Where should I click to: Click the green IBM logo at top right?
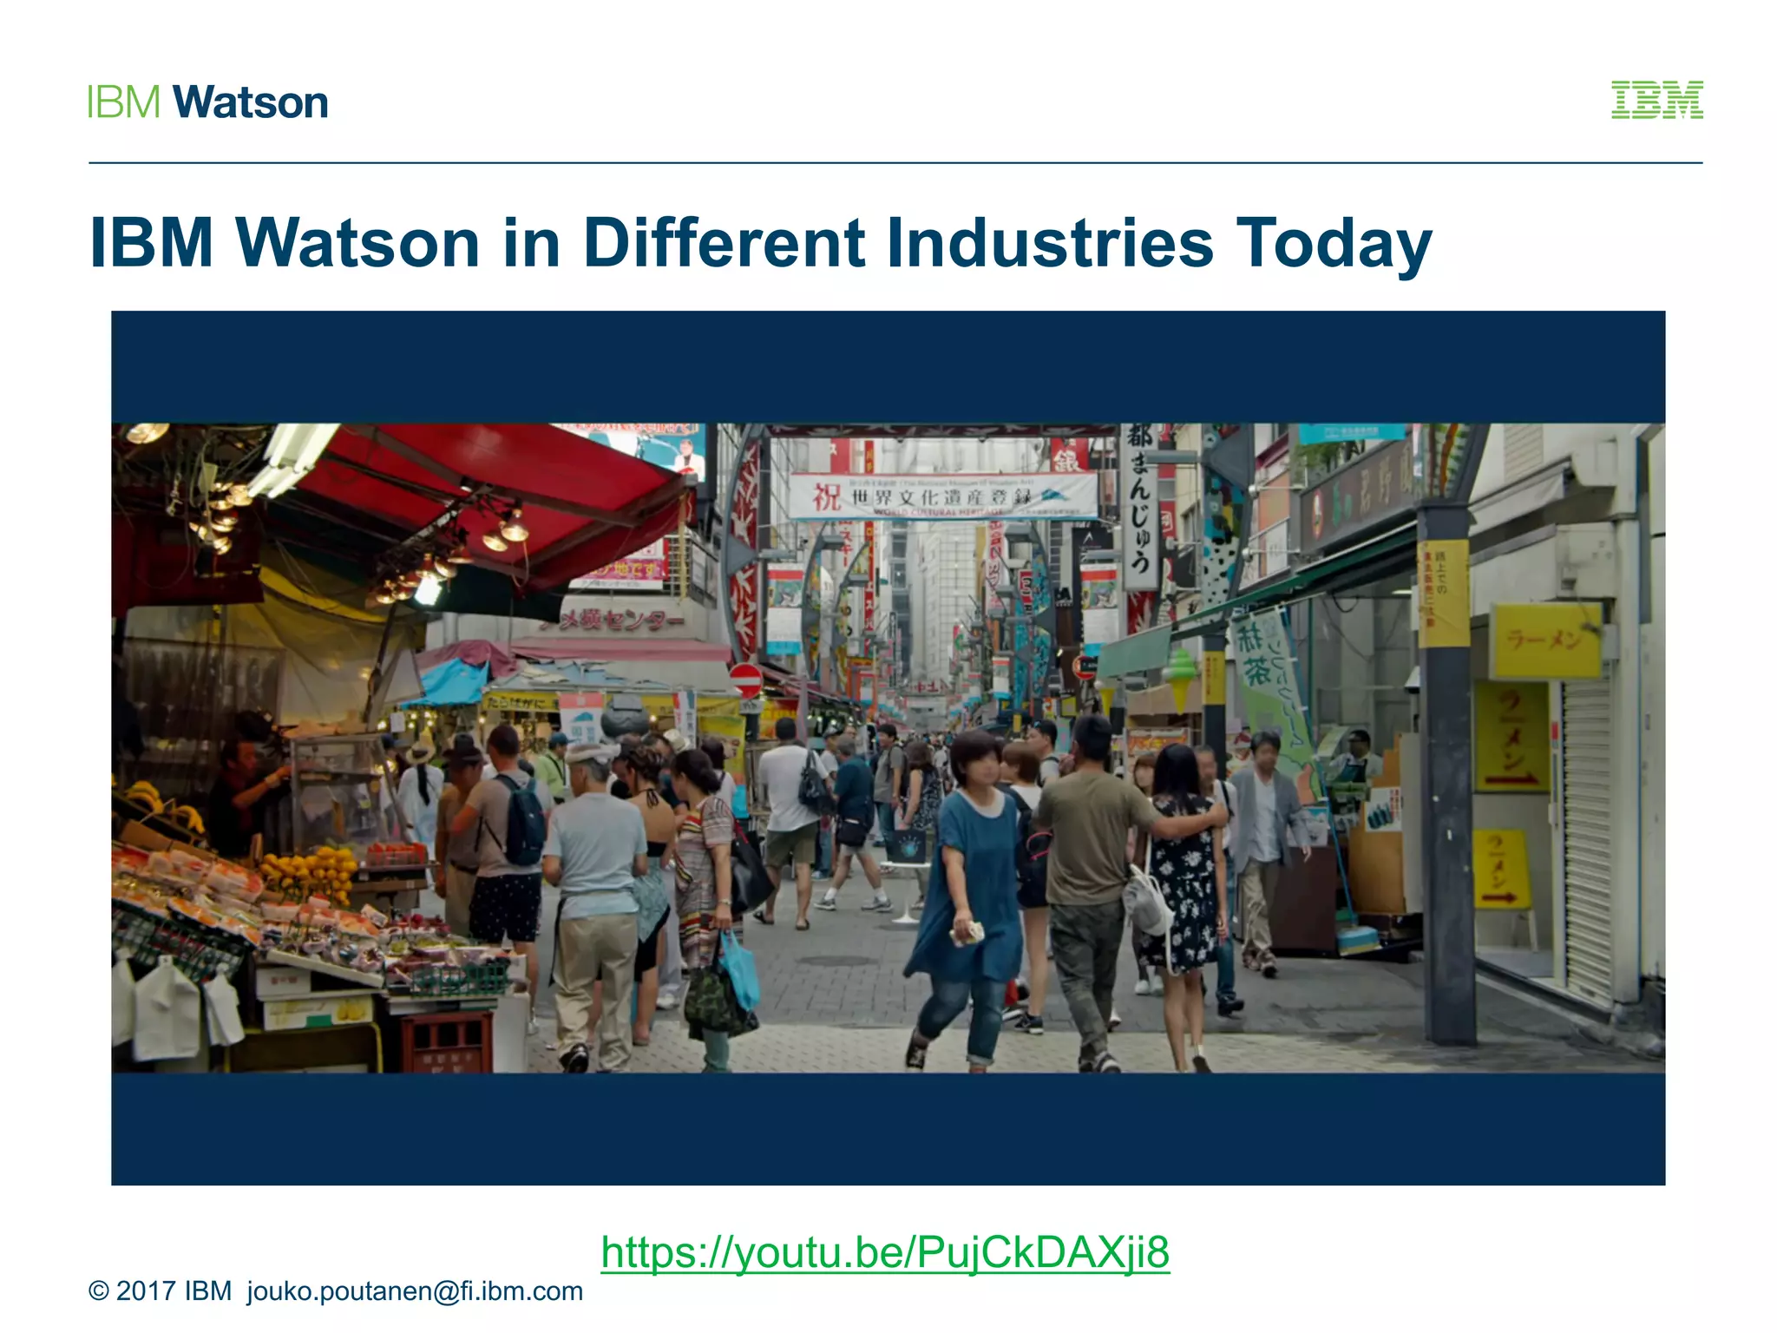click(x=1656, y=100)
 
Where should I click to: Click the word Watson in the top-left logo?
click(x=251, y=102)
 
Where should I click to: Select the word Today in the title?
click(x=1333, y=244)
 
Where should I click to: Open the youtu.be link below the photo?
click(x=885, y=1251)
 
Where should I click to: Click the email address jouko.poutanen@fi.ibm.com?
click(x=415, y=1291)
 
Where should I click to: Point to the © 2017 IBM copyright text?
click(x=160, y=1291)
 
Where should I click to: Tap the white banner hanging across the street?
click(x=942, y=496)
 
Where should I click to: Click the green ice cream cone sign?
click(x=1179, y=678)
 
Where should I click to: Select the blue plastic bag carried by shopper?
click(x=739, y=968)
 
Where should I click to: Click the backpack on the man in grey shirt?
click(x=523, y=820)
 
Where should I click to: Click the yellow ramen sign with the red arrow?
click(x=1511, y=738)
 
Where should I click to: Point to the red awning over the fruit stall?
click(x=486, y=495)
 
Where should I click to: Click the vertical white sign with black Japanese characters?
click(x=1140, y=503)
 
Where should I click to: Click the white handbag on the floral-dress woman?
click(x=1146, y=903)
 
